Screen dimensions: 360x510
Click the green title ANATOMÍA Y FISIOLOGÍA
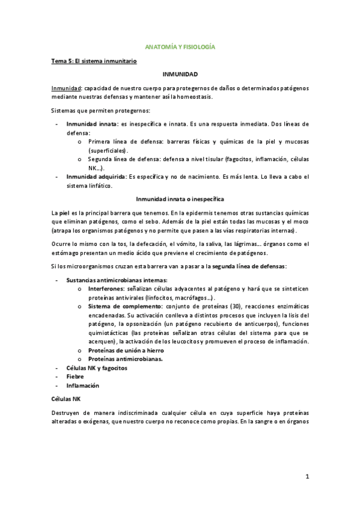point(180,46)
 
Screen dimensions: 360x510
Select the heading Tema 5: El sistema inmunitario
point(94,61)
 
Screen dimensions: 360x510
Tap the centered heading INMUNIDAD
point(180,74)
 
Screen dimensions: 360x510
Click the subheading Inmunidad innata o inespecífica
point(180,198)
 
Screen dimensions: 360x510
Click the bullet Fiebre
point(75,376)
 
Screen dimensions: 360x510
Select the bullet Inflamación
point(82,386)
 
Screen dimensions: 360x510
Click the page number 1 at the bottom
point(307,477)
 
